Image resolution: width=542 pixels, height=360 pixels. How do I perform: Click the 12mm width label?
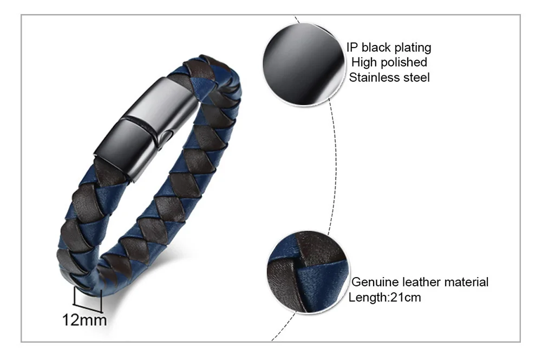(x=85, y=320)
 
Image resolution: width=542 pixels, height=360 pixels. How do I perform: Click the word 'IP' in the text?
(x=352, y=48)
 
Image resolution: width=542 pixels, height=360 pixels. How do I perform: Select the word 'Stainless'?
(x=374, y=77)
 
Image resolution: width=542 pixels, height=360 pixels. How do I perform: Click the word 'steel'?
(x=416, y=77)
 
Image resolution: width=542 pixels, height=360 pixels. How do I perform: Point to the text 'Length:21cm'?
(x=384, y=297)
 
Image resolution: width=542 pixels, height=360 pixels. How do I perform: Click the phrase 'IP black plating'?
(x=389, y=48)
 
